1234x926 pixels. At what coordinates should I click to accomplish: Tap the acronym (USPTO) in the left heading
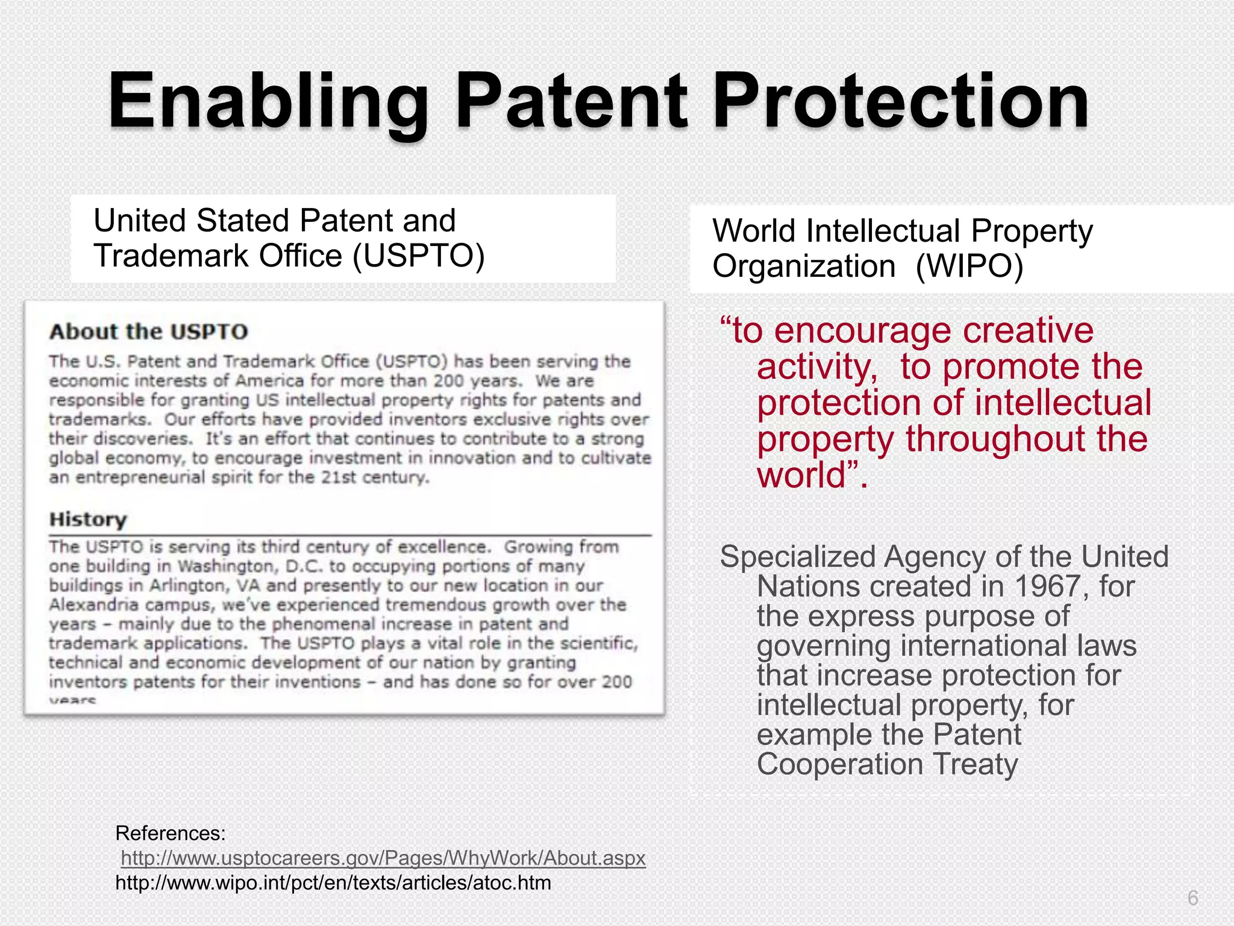click(x=419, y=256)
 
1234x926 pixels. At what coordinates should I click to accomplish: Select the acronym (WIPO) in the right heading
click(x=969, y=266)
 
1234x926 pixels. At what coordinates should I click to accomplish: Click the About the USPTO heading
click(x=148, y=332)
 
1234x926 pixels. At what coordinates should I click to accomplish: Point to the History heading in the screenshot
click(x=88, y=519)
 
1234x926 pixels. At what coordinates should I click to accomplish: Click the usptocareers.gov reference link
click(x=383, y=857)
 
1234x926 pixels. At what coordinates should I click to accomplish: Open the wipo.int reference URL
click(x=333, y=883)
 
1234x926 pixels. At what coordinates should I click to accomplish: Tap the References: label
click(x=170, y=833)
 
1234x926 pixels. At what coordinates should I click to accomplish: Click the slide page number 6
click(x=1192, y=898)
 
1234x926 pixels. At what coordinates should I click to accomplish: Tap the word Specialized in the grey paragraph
click(x=797, y=556)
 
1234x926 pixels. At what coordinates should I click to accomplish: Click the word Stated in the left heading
click(x=243, y=220)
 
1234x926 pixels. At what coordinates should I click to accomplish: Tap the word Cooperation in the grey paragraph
click(x=840, y=764)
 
